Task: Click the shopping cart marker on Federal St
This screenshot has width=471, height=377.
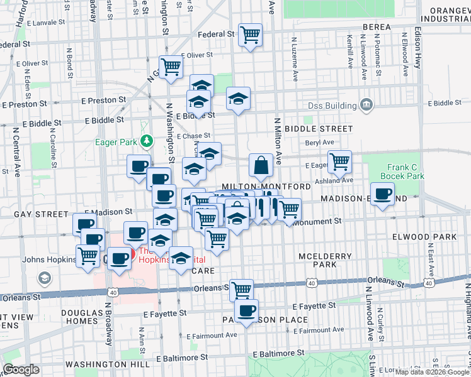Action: pyautogui.click(x=251, y=35)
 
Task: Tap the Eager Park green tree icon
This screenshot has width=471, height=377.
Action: pyautogui.click(x=147, y=141)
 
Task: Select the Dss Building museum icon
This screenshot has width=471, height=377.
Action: pyautogui.click(x=366, y=104)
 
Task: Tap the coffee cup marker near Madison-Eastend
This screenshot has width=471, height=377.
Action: pyautogui.click(x=382, y=194)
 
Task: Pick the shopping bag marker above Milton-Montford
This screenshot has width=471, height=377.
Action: pyautogui.click(x=261, y=166)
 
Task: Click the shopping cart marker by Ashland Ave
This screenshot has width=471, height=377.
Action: pyautogui.click(x=339, y=161)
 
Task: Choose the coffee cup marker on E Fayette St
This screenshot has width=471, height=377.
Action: pyautogui.click(x=246, y=310)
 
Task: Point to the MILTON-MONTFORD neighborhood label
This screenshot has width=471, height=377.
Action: pyautogui.click(x=266, y=187)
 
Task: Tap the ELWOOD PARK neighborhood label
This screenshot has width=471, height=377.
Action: pyautogui.click(x=432, y=237)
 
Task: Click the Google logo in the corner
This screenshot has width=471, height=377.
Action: pyautogui.click(x=21, y=369)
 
